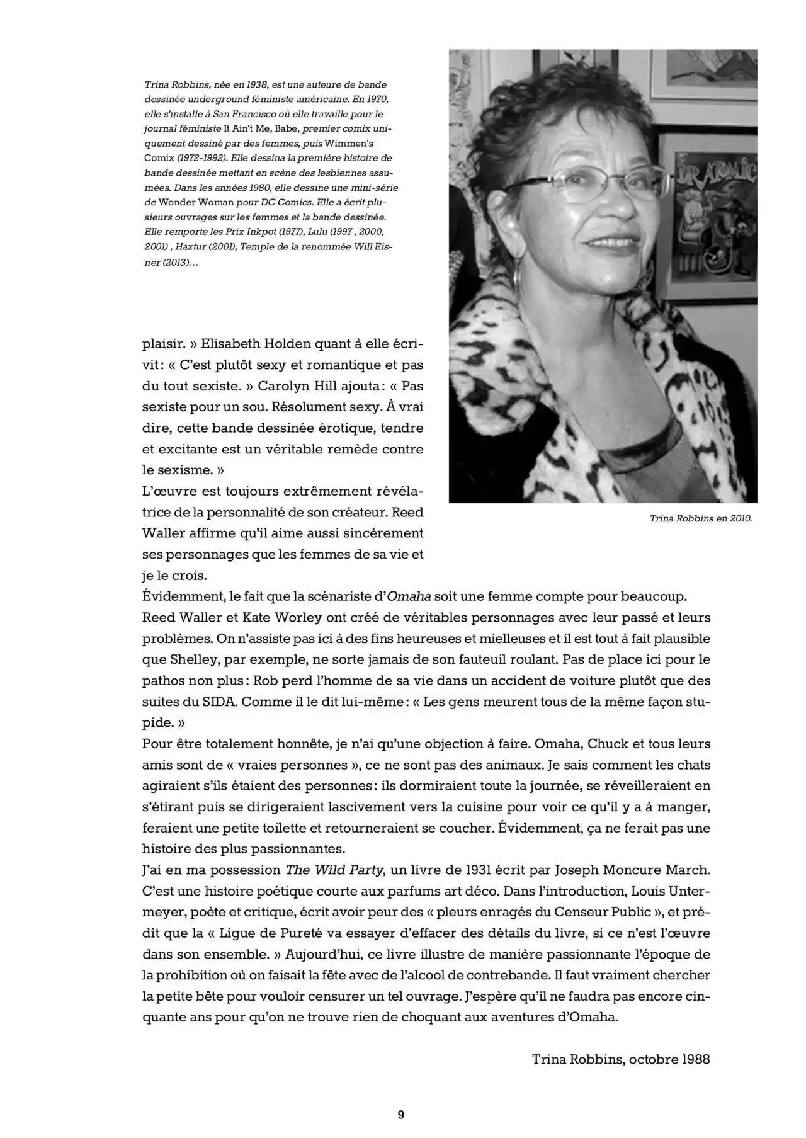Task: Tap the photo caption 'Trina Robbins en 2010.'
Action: pyautogui.click(x=700, y=519)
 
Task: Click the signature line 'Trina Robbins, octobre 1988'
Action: pyautogui.click(x=620, y=1059)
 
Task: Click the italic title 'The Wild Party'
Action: pyautogui.click(x=334, y=870)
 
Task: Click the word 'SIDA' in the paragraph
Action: pyautogui.click(x=220, y=702)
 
